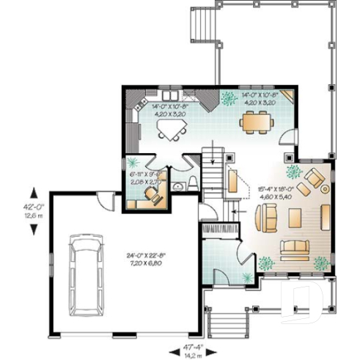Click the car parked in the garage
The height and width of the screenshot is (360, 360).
click(86, 271)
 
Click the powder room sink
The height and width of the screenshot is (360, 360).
click(177, 188)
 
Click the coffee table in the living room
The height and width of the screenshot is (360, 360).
click(295, 218)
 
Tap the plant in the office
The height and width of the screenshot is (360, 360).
click(133, 163)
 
